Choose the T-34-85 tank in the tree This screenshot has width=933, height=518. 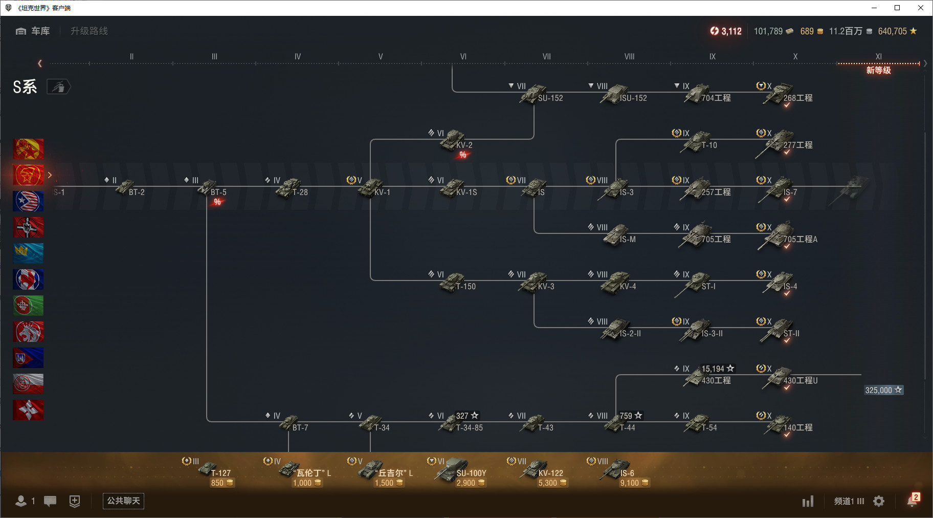(x=460, y=423)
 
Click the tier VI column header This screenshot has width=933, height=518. (x=463, y=57)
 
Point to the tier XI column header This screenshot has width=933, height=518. (x=878, y=57)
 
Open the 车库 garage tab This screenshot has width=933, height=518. (x=33, y=31)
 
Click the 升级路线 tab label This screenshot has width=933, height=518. (x=89, y=31)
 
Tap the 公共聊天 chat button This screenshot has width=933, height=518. (x=123, y=501)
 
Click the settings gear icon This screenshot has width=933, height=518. (x=879, y=501)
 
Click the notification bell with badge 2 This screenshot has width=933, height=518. (x=913, y=500)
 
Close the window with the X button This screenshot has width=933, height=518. (x=921, y=8)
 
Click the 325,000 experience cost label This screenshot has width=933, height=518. (x=883, y=390)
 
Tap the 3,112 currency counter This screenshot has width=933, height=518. (x=726, y=31)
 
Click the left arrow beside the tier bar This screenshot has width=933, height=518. (x=40, y=63)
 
